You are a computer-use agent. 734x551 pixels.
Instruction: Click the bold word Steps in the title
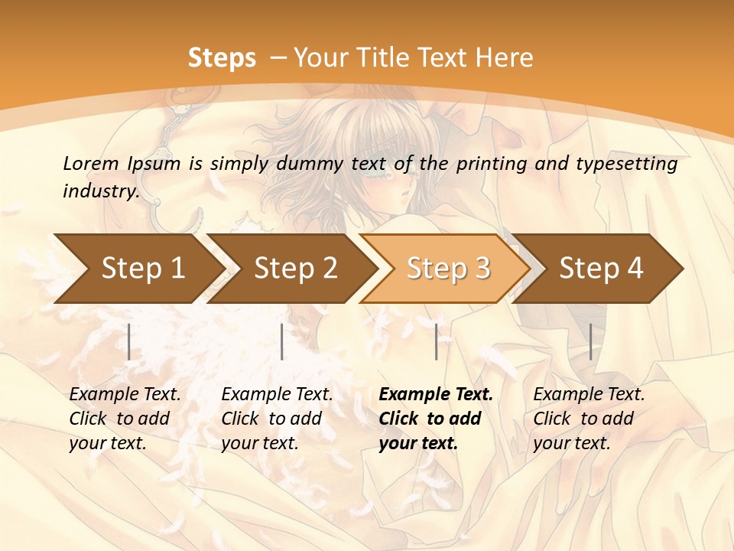222,58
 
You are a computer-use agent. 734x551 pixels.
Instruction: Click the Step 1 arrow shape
138,269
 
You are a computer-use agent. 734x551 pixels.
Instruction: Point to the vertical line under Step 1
129,341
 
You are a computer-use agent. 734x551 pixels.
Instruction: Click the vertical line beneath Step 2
282,341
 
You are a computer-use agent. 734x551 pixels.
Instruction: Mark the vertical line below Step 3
436,341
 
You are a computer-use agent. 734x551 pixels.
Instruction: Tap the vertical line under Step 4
590,341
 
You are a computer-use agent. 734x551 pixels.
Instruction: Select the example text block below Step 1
125,418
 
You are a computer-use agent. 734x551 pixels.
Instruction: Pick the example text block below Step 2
277,418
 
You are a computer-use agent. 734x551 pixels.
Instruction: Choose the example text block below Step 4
589,418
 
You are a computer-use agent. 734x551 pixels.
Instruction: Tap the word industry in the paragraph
101,191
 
